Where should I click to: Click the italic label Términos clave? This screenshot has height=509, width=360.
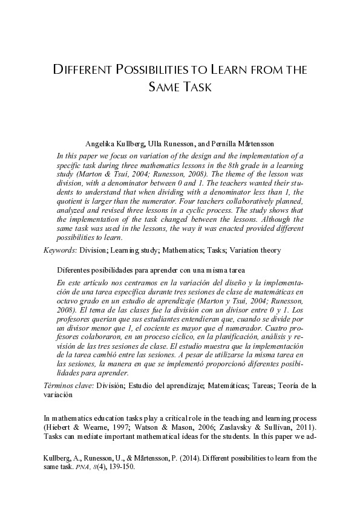[x=67, y=385]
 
